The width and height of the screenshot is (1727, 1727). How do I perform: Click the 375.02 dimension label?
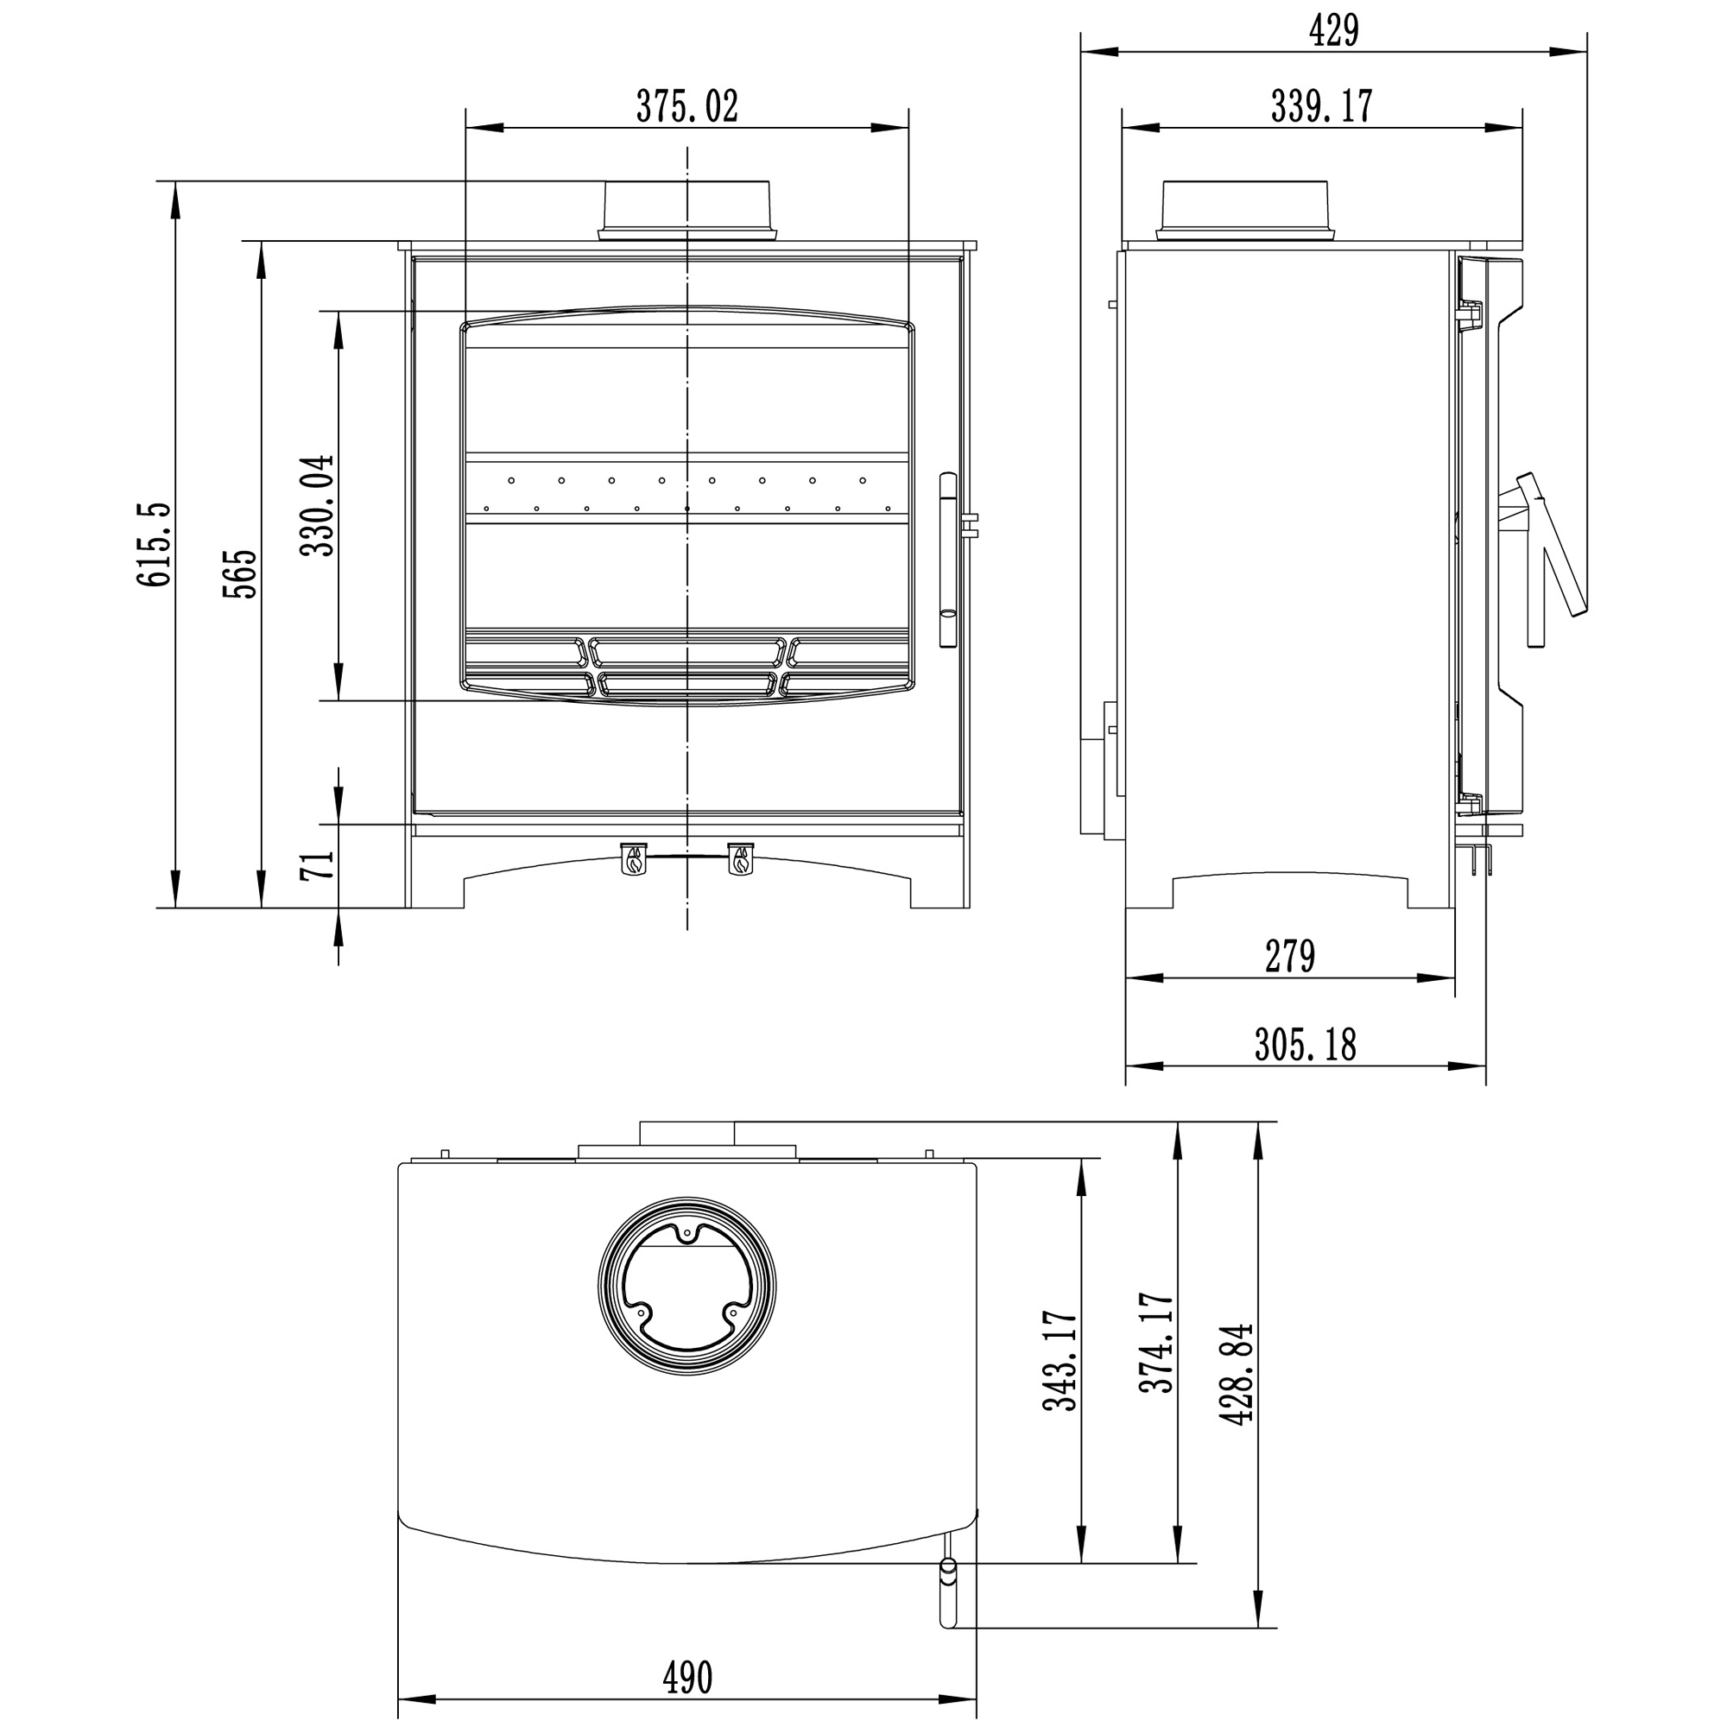(686, 107)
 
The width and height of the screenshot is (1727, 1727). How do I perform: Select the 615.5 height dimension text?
(153, 544)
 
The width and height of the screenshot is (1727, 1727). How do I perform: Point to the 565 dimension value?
(239, 574)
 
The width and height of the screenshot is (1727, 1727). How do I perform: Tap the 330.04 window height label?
(316, 505)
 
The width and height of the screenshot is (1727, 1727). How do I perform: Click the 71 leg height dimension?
(316, 864)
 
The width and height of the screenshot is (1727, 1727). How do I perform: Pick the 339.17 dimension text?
(1321, 106)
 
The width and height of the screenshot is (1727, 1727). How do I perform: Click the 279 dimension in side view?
(1289, 957)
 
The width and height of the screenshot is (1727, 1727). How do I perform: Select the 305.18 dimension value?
(1304, 1044)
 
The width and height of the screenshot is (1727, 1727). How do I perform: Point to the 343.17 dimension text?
(1061, 1361)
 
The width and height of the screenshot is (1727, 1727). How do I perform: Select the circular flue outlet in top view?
(686, 1287)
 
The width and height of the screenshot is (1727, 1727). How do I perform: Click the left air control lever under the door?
(633, 859)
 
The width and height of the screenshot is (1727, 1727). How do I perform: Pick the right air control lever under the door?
(740, 859)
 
